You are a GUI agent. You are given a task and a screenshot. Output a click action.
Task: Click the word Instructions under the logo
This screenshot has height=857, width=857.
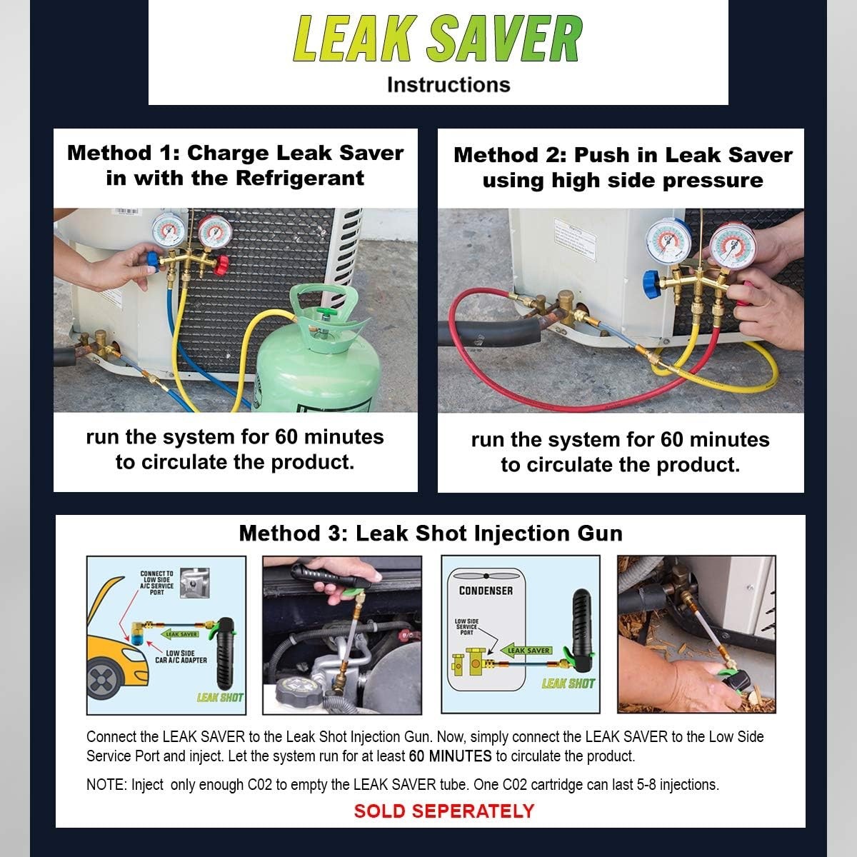448,84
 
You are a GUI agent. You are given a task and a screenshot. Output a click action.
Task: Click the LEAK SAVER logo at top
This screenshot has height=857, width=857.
438,39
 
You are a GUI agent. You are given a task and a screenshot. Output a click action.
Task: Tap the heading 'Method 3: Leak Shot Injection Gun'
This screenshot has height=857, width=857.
431,533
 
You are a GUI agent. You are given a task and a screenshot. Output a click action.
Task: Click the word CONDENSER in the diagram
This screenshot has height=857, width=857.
486,591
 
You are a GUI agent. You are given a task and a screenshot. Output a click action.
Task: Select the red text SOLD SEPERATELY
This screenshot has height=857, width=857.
444,811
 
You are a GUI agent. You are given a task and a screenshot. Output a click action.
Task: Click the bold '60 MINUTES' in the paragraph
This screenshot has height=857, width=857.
450,756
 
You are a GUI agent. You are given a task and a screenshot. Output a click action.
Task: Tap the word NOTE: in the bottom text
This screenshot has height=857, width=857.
106,784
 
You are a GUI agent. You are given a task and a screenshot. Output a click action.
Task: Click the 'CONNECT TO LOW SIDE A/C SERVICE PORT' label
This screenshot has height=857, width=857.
156,582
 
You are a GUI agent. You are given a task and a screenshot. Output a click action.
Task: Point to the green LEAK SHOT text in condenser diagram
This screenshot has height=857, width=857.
568,683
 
